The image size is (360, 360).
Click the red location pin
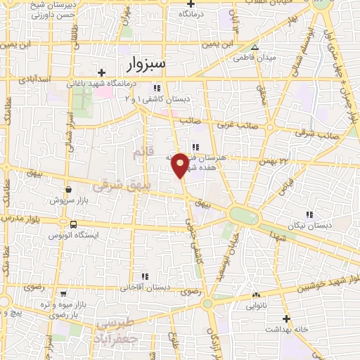coord(181,165)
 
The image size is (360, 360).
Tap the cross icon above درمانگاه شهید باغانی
coord(102,72)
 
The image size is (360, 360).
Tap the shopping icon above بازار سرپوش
coord(69,189)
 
